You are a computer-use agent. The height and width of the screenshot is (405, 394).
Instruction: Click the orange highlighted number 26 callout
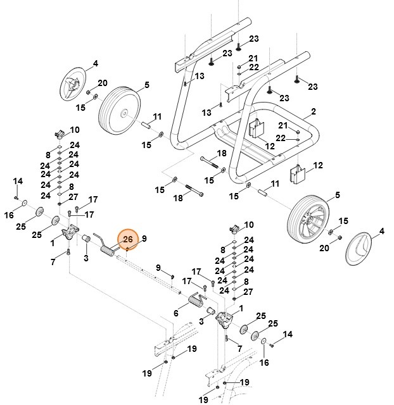127,239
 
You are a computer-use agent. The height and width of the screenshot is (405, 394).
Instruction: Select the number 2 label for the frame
313,112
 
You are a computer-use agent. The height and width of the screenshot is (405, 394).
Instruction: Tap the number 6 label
176,313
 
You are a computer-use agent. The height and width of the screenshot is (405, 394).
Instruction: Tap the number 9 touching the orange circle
144,239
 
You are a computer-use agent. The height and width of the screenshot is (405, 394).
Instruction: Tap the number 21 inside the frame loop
283,125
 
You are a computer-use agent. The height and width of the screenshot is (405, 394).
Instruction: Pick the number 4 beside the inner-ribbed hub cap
96,63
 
